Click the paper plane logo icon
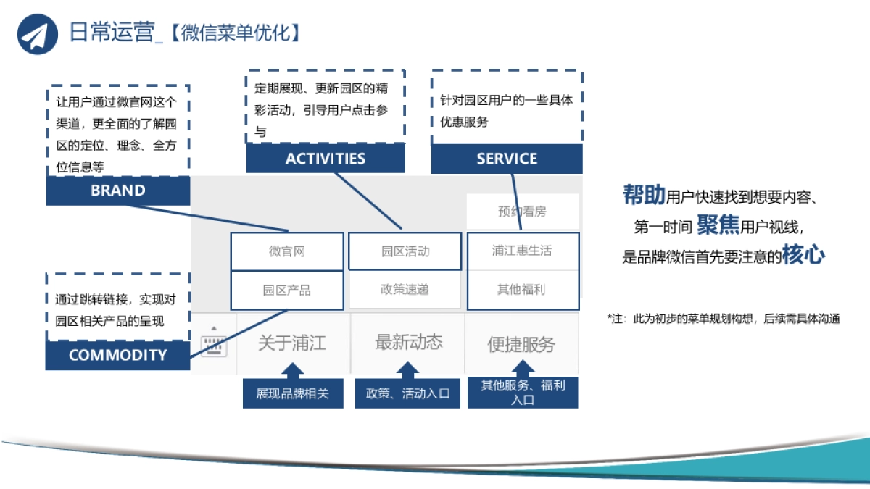click(38, 33)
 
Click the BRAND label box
click(118, 191)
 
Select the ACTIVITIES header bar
click(326, 159)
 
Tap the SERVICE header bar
click(507, 159)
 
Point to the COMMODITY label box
click(117, 355)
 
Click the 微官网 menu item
click(287, 251)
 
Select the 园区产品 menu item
click(287, 290)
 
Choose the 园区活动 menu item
click(405, 251)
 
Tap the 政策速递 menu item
click(405, 290)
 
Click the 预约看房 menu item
click(522, 212)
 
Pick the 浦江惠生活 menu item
click(522, 251)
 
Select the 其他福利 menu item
click(522, 290)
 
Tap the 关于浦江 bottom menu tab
click(292, 343)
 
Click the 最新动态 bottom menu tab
click(408, 343)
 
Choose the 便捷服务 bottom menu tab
click(521, 344)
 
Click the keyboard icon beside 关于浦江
click(214, 345)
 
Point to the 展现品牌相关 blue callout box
click(292, 393)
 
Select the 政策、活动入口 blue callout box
click(408, 393)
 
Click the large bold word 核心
click(803, 256)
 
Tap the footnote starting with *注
click(723, 319)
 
